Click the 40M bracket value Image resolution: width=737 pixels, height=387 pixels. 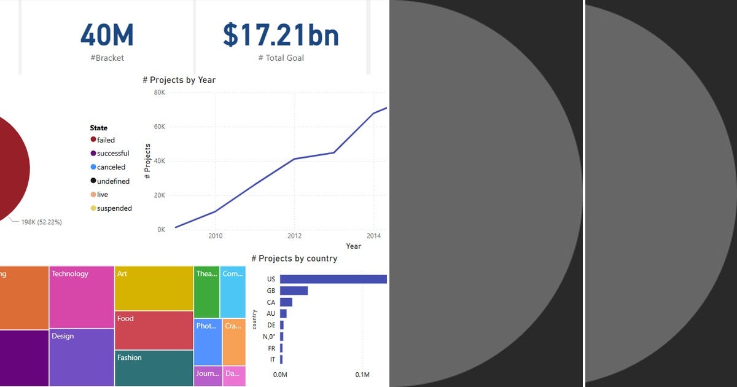click(x=107, y=35)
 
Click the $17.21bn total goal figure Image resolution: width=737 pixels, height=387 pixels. click(x=281, y=35)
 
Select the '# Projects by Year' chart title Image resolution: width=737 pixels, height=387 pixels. click(x=179, y=80)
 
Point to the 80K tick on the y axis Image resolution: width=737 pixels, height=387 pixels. click(x=159, y=93)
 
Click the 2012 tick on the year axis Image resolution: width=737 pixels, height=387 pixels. click(x=294, y=235)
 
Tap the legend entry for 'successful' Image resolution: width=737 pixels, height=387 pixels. click(x=112, y=154)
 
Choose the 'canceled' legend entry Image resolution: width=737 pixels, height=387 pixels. click(x=111, y=167)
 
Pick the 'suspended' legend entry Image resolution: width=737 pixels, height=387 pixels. click(x=114, y=208)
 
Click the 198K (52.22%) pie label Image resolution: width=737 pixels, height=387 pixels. click(x=41, y=222)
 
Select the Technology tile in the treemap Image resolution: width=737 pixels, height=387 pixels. click(x=82, y=297)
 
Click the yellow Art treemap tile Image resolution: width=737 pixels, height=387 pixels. click(x=154, y=288)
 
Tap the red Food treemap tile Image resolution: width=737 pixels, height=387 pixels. click(x=154, y=330)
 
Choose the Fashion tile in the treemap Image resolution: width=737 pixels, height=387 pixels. click(x=154, y=368)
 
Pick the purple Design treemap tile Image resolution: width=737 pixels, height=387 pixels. click(x=82, y=358)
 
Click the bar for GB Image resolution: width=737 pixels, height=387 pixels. click(x=294, y=291)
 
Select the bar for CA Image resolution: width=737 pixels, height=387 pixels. click(x=286, y=302)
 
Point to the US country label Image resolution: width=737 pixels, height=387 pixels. click(x=271, y=279)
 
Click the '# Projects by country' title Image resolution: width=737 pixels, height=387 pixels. click(x=294, y=259)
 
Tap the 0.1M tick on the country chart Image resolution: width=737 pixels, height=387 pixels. click(x=362, y=375)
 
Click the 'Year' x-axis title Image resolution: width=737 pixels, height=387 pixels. click(x=353, y=246)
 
